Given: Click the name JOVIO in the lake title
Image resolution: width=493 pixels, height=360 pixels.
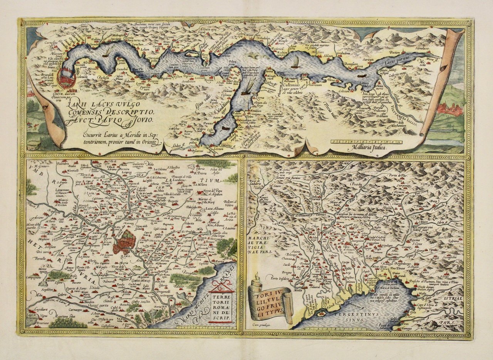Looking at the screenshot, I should [142, 120].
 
